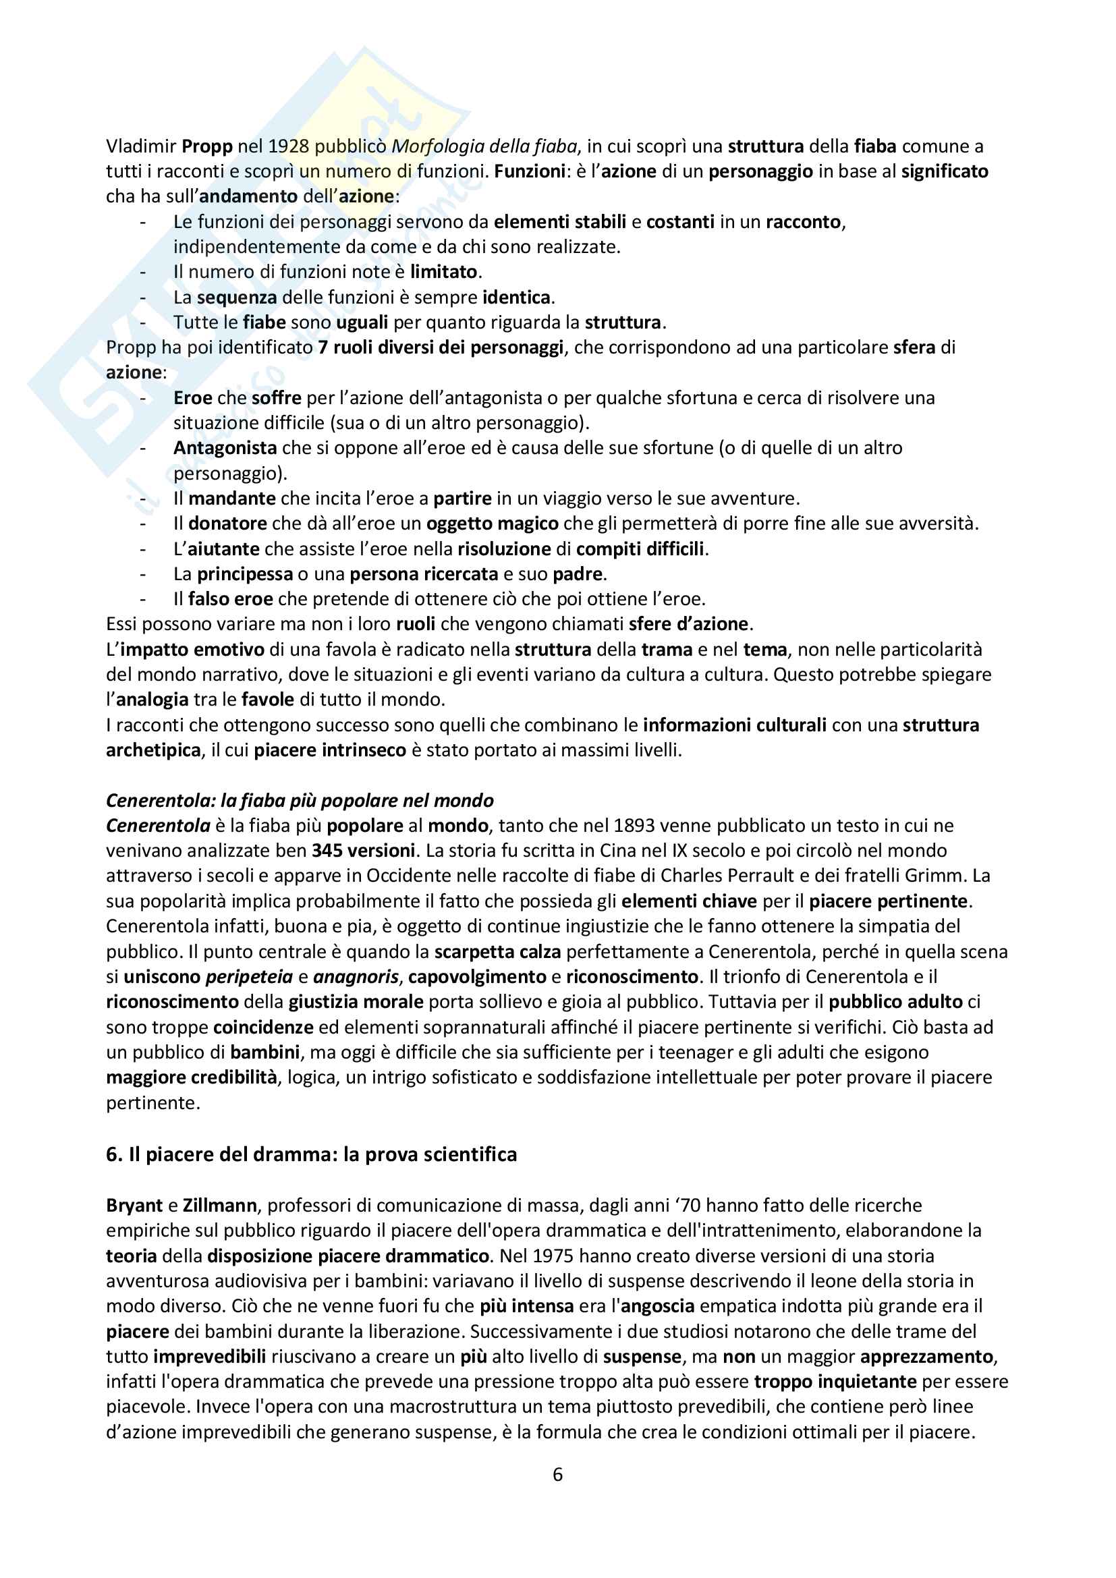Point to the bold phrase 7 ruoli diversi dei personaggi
click(x=441, y=347)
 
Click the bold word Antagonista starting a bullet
click(x=225, y=447)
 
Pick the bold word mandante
click(x=231, y=499)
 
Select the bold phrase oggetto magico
click(x=492, y=523)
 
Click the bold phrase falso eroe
click(x=230, y=598)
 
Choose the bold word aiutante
click(x=223, y=548)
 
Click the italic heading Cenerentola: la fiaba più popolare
click(x=300, y=800)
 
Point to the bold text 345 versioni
click(x=363, y=850)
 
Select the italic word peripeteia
click(x=250, y=976)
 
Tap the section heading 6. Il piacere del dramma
click(x=310, y=1154)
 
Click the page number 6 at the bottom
click(x=557, y=1475)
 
